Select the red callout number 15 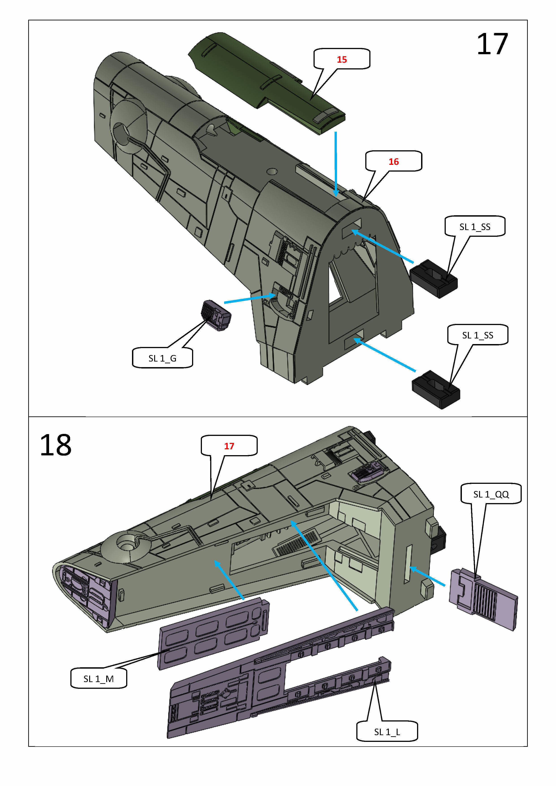(x=342, y=60)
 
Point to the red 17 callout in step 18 (x=229, y=446)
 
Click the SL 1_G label (x=162, y=358)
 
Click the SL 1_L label (x=387, y=732)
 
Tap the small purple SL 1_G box (x=215, y=315)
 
